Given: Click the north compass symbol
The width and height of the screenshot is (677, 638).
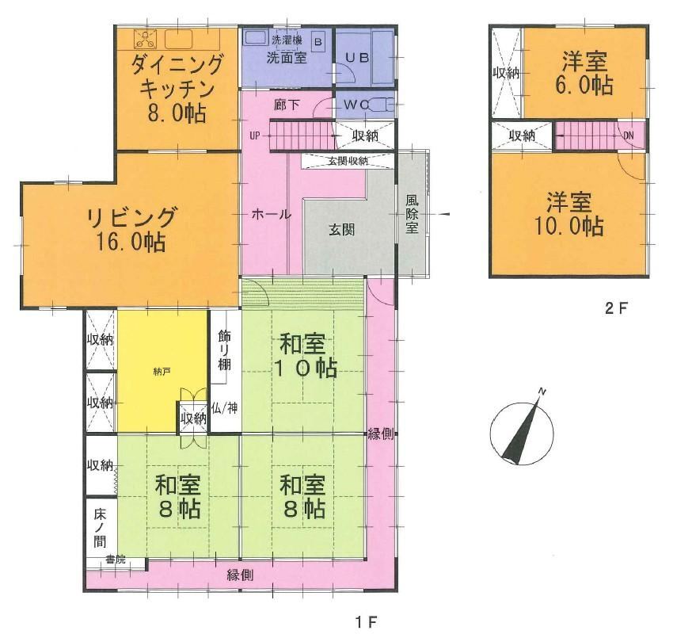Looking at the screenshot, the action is [x=522, y=432].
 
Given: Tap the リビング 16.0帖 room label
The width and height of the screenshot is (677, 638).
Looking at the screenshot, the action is [x=131, y=229].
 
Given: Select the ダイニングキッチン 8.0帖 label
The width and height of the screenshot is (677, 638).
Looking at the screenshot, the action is [x=177, y=89].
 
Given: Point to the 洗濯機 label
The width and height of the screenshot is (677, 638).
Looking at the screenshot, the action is [x=287, y=40].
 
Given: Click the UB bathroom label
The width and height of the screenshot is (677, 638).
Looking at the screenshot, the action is [x=356, y=58].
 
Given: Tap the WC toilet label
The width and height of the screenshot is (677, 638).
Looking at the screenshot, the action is [x=356, y=105].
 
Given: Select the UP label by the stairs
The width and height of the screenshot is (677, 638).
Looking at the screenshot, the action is [x=255, y=136].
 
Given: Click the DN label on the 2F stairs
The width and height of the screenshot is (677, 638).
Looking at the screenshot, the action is [x=629, y=136].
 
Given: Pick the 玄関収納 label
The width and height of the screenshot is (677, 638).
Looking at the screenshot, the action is [x=348, y=161].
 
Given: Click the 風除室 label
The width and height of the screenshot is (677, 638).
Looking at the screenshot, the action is [x=412, y=214].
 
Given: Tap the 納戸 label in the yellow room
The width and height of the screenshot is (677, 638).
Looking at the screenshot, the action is [x=160, y=371].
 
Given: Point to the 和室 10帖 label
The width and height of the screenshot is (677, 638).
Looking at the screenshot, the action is [x=306, y=356].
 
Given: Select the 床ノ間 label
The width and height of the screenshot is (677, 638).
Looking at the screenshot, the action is [x=100, y=528].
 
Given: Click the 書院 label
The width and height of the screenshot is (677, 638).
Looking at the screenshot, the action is [x=116, y=560].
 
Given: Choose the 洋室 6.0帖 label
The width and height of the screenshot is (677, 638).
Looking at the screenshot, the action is [x=585, y=73].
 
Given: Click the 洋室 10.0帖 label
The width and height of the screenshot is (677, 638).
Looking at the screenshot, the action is [x=569, y=213].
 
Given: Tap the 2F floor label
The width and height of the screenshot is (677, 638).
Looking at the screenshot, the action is [x=616, y=308].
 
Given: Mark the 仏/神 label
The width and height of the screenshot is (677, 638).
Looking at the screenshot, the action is [x=225, y=407].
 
